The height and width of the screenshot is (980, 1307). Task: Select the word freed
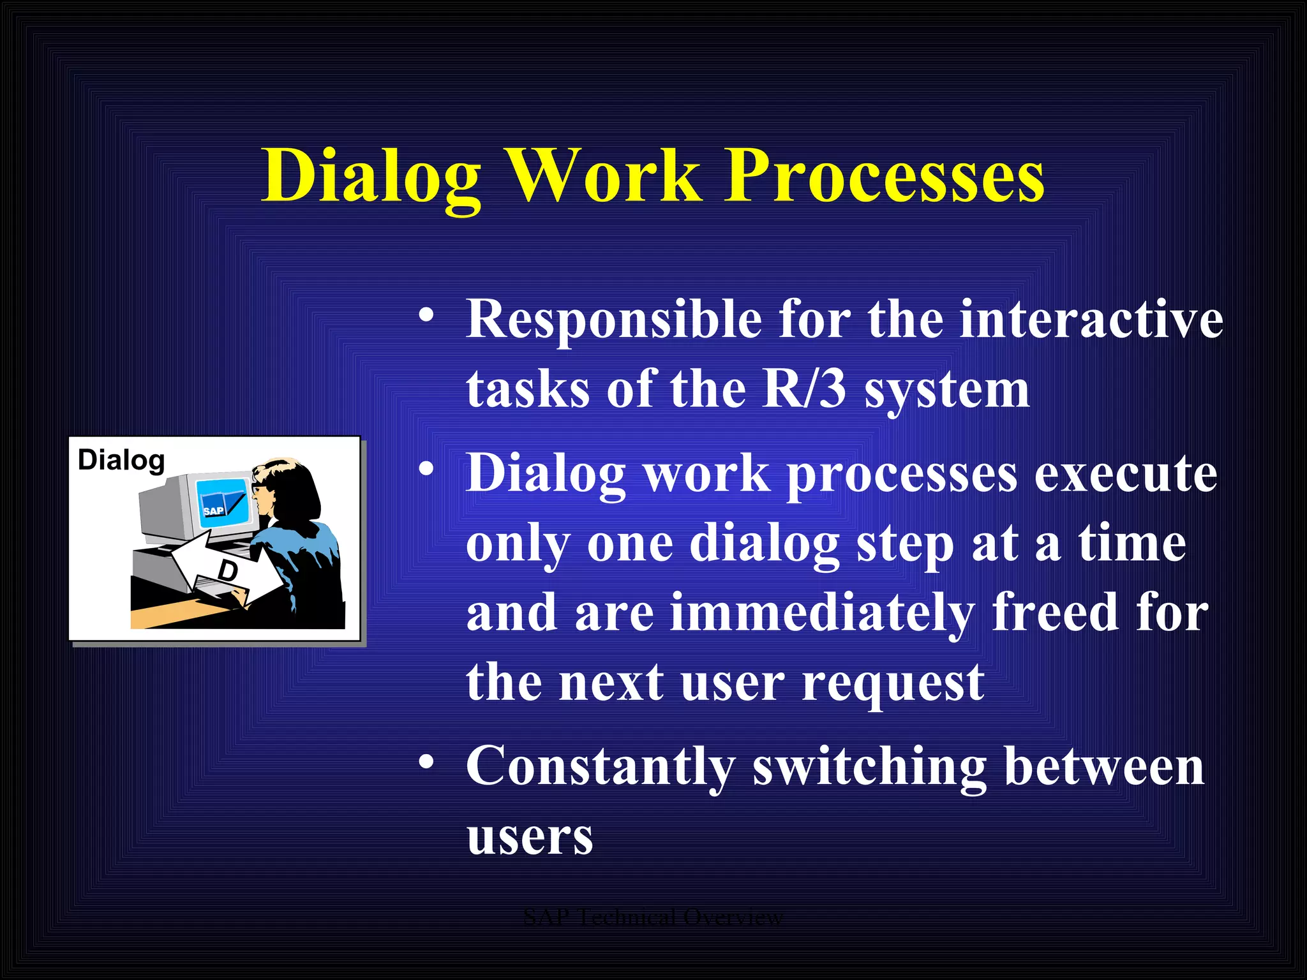point(1055,612)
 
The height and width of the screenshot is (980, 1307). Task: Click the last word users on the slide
point(530,837)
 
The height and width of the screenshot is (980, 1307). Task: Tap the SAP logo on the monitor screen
point(214,510)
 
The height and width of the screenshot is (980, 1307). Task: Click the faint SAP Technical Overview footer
point(652,917)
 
